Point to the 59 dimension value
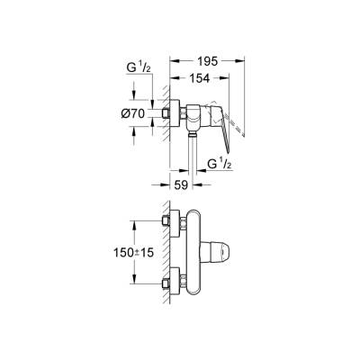click(x=181, y=187)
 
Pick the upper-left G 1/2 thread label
click(x=139, y=67)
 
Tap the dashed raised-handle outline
click(x=237, y=108)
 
